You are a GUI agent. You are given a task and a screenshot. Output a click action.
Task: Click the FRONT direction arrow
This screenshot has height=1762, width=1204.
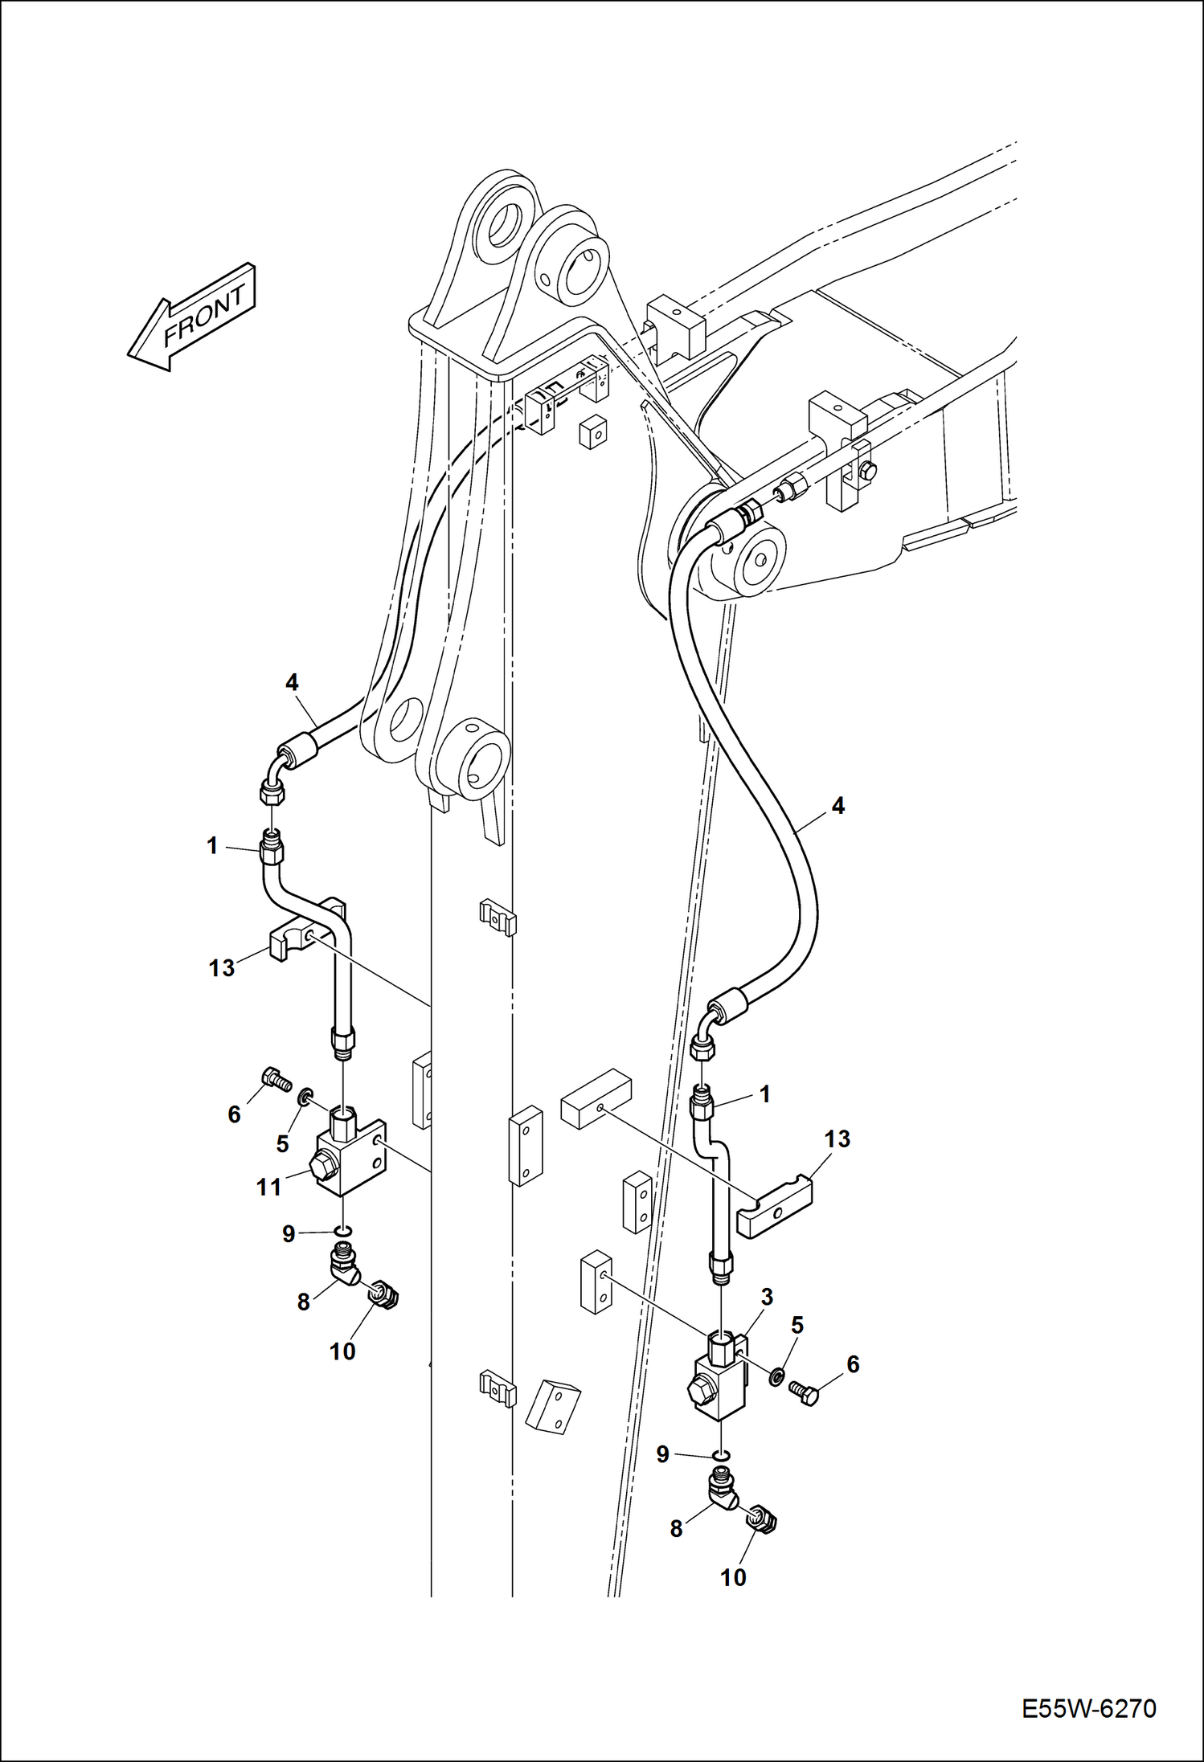coord(191,317)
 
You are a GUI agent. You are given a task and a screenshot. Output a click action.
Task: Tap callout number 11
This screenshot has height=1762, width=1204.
coord(268,1187)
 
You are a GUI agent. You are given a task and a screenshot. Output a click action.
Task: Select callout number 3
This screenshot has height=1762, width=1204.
coord(767,1296)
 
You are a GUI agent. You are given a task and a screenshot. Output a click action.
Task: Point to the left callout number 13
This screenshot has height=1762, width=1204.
coord(221,967)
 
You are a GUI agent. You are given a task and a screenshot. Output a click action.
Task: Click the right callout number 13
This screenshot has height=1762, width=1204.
coord(837,1139)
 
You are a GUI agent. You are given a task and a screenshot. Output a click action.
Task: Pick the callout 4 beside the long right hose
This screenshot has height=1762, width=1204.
coord(838,806)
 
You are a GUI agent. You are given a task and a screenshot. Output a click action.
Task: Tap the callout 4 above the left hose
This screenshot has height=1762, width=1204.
coord(292,682)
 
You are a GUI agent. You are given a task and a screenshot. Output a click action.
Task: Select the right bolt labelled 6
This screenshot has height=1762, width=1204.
coord(804,1392)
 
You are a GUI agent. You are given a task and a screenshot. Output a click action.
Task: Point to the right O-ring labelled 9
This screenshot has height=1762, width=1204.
coord(721,1454)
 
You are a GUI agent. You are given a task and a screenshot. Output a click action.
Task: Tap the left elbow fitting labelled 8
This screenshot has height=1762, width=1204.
coord(343,1266)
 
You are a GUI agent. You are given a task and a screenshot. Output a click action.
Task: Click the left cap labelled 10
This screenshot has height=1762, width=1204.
coord(387,1294)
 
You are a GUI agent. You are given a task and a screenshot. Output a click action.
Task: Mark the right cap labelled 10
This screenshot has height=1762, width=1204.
coord(760,1518)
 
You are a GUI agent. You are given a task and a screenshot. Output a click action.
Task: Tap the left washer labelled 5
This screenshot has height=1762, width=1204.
coord(305,1097)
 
